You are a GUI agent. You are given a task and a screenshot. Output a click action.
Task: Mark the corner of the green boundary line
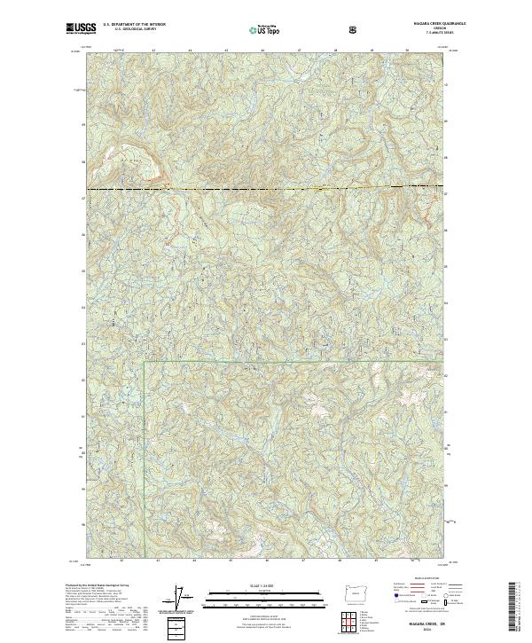tap(145, 362)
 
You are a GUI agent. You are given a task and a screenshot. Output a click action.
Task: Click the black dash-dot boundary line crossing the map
tap(266, 189)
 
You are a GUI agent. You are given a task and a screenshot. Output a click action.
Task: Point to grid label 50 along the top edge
tap(406, 51)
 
